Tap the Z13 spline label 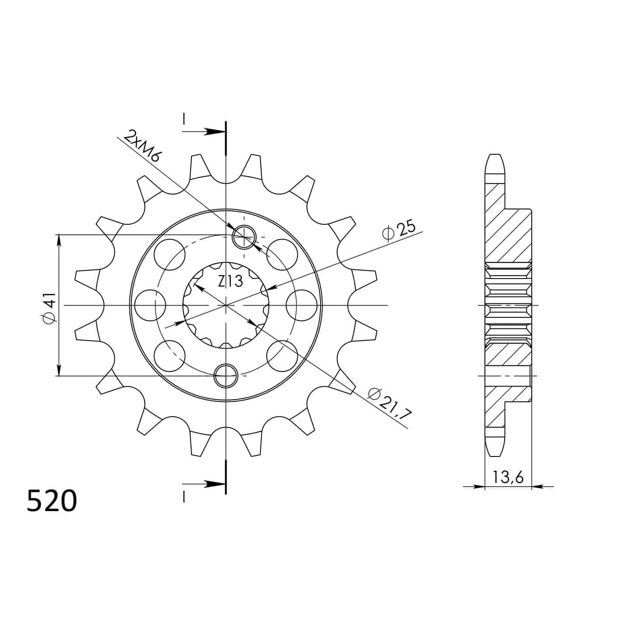[x=230, y=282]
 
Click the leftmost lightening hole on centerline [x=150, y=305]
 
